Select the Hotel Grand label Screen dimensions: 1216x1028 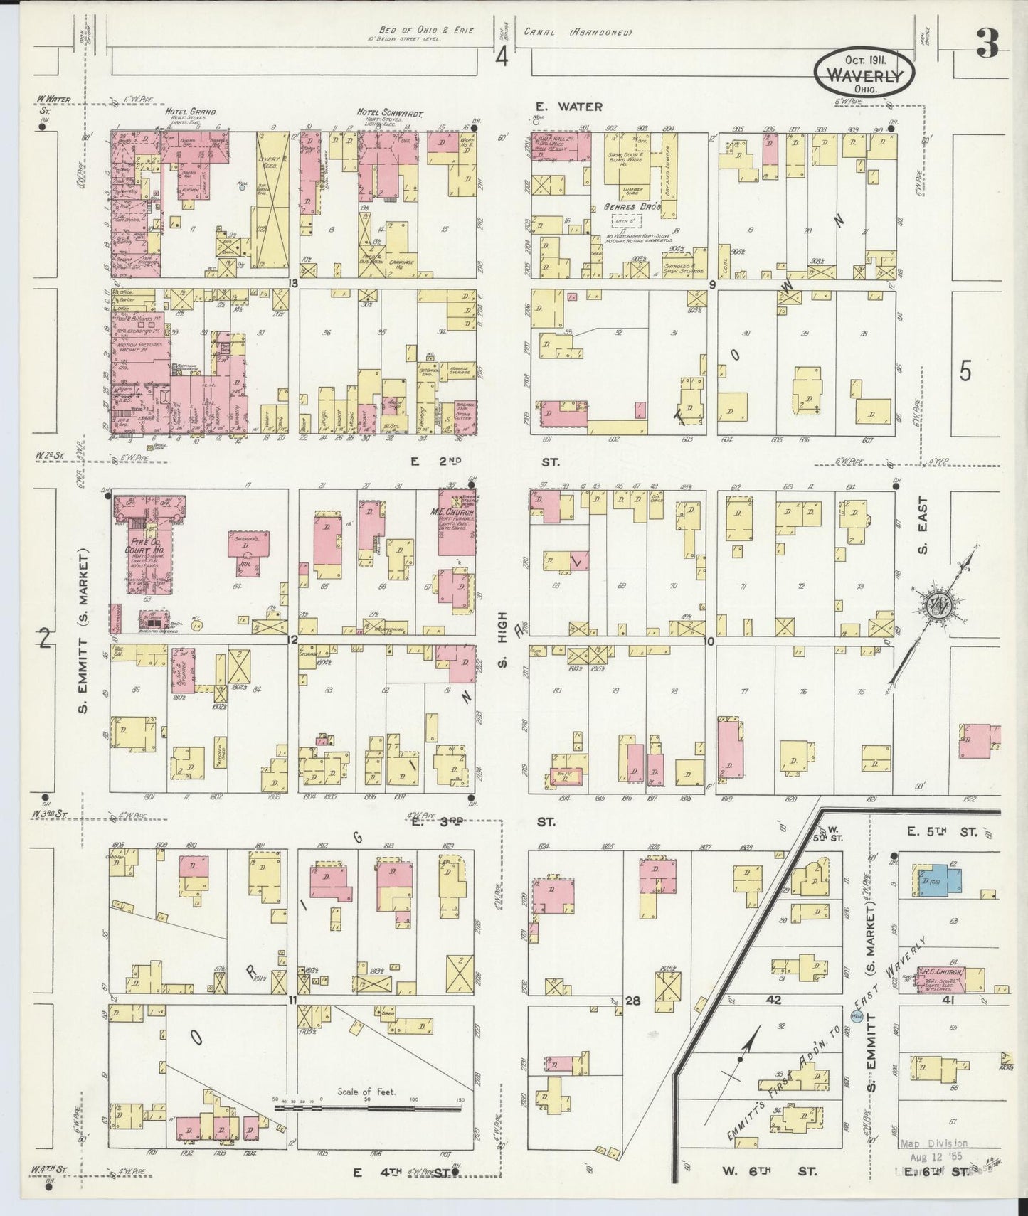click(191, 112)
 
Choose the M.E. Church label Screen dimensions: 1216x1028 click(456, 513)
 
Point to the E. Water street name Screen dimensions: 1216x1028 click(570, 107)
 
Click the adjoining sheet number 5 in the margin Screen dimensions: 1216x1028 click(965, 372)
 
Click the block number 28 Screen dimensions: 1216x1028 click(633, 1001)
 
